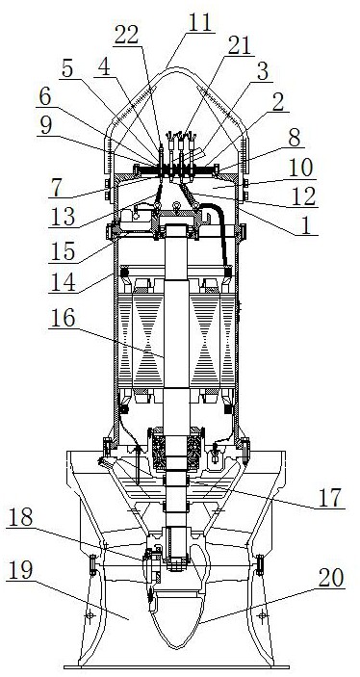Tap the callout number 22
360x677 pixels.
click(126, 36)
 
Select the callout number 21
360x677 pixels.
click(239, 46)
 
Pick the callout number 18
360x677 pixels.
click(20, 518)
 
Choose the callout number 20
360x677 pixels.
click(331, 579)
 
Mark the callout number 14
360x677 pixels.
click(62, 284)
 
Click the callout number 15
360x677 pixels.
click(62, 251)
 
